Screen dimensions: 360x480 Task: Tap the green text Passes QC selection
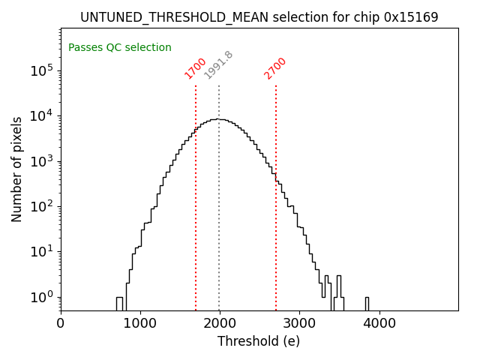120,47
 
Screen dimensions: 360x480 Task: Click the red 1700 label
196,68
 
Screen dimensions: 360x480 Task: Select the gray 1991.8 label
219,65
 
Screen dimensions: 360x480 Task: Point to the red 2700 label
275,68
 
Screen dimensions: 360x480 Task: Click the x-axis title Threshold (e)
259,341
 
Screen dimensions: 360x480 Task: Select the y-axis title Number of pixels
16,169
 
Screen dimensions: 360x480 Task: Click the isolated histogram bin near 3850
367,303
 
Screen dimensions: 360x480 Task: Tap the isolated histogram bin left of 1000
119,303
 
